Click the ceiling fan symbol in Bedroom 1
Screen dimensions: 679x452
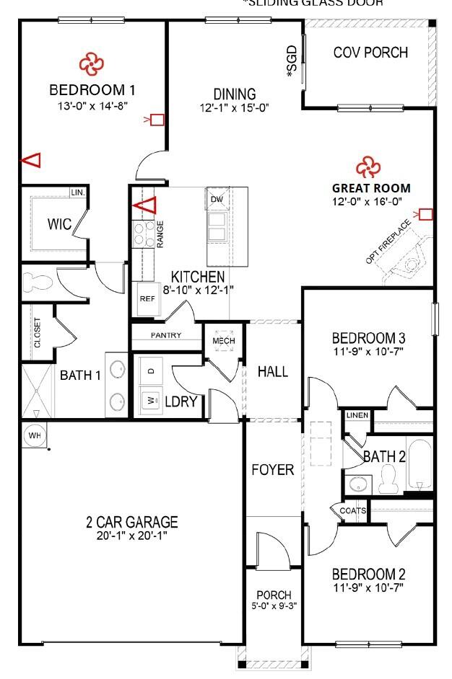pyautogui.click(x=92, y=64)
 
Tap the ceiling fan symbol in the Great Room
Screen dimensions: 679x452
pyautogui.click(x=367, y=168)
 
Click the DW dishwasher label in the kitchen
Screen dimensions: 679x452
pyautogui.click(x=217, y=198)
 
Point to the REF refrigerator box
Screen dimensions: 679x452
pyautogui.click(x=147, y=298)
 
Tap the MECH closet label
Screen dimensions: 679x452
pyautogui.click(x=219, y=340)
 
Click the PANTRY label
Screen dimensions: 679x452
pyautogui.click(x=165, y=335)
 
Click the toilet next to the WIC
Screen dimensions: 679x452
pyautogui.click(x=33, y=280)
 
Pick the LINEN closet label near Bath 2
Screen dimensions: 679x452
pyautogui.click(x=357, y=416)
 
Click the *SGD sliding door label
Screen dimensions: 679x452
pyautogui.click(x=292, y=61)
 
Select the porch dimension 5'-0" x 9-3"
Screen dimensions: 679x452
pyautogui.click(x=273, y=606)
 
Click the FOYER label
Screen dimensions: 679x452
pyautogui.click(x=272, y=470)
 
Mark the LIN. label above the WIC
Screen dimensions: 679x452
pyautogui.click(x=77, y=193)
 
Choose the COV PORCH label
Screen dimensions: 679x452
pyautogui.click(x=370, y=53)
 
